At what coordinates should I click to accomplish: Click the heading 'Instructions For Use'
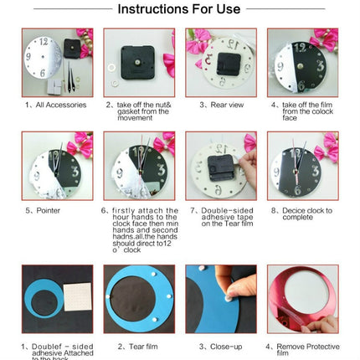click(179, 10)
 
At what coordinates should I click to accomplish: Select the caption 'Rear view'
click(219, 105)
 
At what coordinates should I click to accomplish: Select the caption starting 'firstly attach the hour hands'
click(139, 226)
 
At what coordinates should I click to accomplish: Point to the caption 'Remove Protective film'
click(303, 348)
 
